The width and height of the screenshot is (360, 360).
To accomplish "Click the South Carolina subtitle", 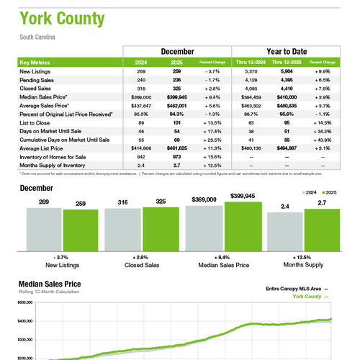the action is [x=37, y=36].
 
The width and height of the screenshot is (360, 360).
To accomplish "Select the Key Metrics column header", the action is [x=37, y=63].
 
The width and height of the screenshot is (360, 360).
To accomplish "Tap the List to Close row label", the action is [x=33, y=113].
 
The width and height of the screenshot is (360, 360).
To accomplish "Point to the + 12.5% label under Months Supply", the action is [x=303, y=257].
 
